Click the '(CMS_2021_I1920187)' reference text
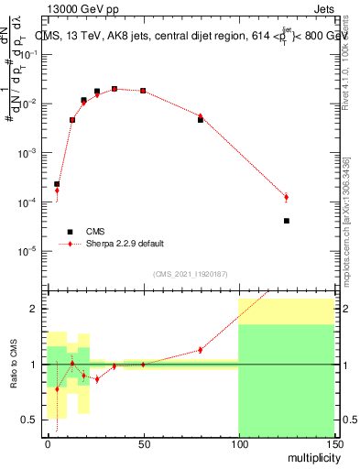[x=190, y=274]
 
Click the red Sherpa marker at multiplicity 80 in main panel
[x=201, y=116]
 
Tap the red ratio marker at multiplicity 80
[x=201, y=350]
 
